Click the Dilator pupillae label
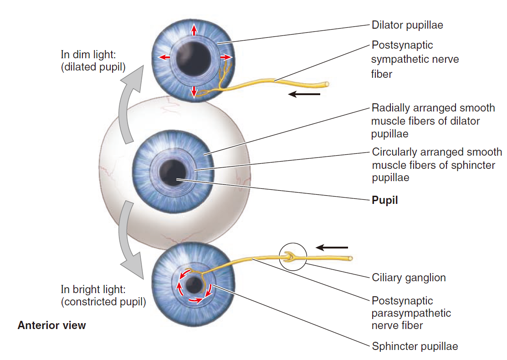(x=407, y=25)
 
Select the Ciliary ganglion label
(x=409, y=278)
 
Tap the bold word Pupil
(x=384, y=200)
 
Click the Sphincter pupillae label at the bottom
(x=415, y=346)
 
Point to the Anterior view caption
(x=51, y=325)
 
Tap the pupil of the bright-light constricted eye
(x=195, y=285)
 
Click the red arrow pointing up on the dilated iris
(x=194, y=30)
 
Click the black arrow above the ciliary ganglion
(x=332, y=248)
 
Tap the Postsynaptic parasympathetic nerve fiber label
(x=411, y=313)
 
